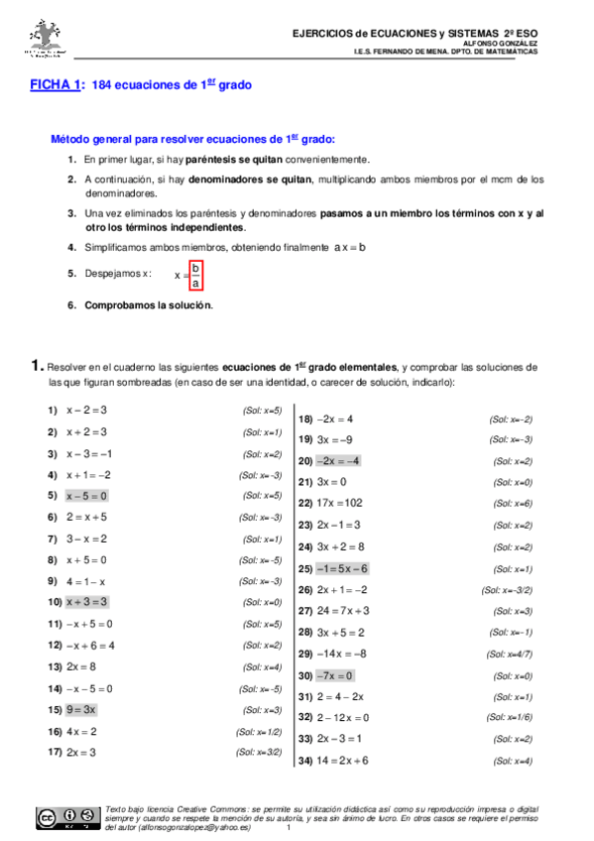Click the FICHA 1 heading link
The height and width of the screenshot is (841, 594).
coord(56,86)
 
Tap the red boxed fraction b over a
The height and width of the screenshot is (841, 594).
coord(195,276)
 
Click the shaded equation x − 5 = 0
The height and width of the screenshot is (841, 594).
coord(87,496)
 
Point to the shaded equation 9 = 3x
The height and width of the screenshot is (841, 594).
coord(81,710)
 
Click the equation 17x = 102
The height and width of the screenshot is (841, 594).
coord(340,504)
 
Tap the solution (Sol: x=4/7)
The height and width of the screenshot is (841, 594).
coord(509,655)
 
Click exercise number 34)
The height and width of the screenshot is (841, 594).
coord(306,761)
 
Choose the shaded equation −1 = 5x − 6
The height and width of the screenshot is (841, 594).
coord(342,569)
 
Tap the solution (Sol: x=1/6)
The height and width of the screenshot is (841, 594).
coord(509,718)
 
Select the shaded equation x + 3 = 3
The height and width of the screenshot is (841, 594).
coord(87,602)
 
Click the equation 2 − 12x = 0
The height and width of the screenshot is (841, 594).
coord(343,718)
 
